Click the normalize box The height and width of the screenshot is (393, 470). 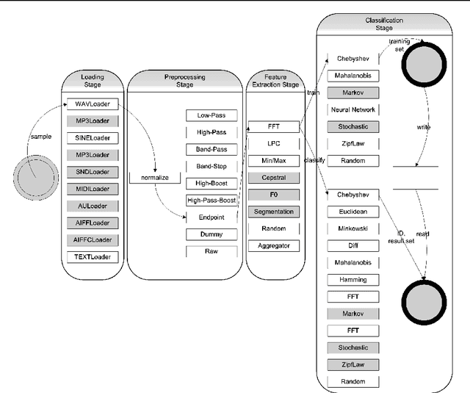pos(154,178)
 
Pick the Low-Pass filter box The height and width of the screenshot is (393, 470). pos(211,115)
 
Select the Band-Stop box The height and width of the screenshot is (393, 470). pos(211,166)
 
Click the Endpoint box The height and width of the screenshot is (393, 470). pos(211,217)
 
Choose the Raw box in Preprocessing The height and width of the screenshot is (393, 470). pos(211,251)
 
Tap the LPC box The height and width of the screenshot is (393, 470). pos(274,144)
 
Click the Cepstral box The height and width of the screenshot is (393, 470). pos(274,178)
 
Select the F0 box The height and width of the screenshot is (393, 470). pos(274,195)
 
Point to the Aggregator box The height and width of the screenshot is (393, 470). pos(274,245)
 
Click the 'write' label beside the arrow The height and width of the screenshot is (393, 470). pos(424,126)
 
